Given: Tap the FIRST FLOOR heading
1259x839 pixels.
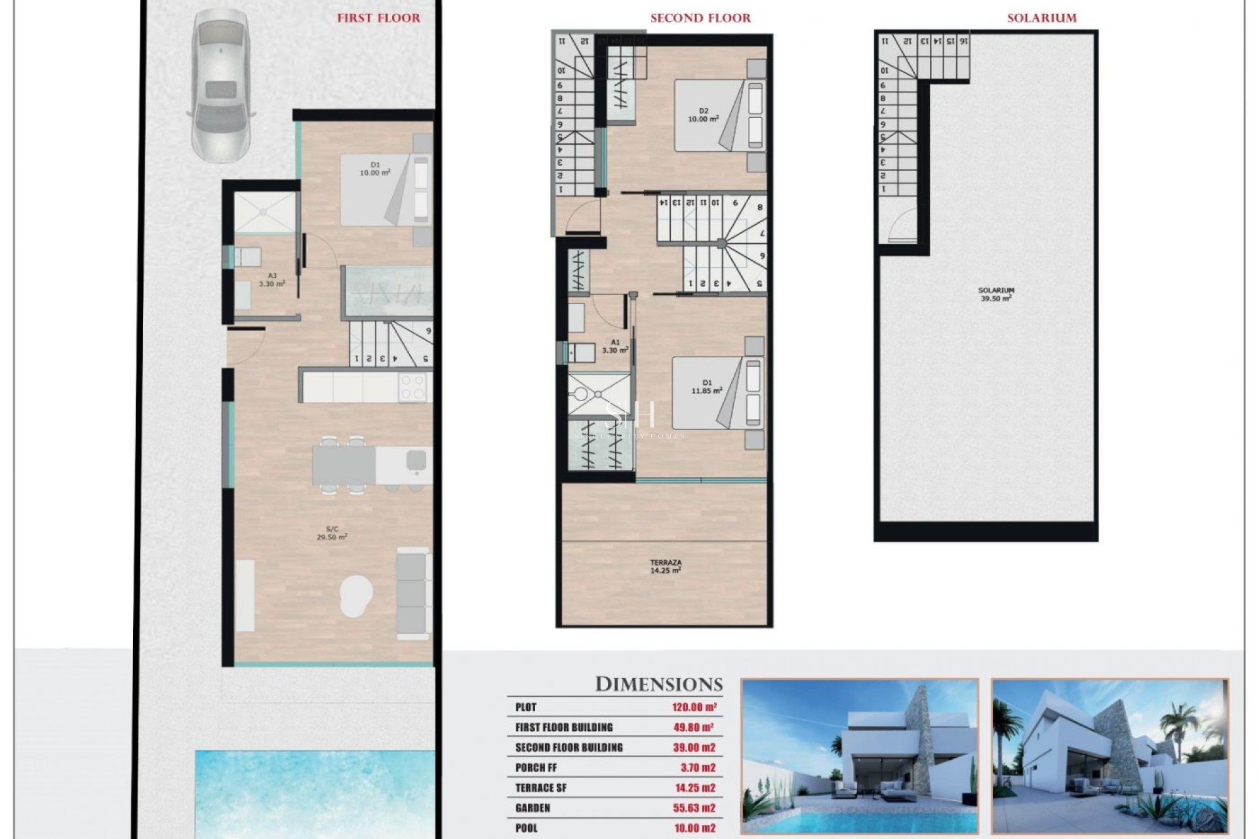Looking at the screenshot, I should pyautogui.click(x=378, y=18).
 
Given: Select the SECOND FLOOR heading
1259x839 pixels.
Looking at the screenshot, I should pyautogui.click(x=700, y=18).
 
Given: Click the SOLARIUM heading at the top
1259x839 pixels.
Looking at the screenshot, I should pyautogui.click(x=1041, y=18).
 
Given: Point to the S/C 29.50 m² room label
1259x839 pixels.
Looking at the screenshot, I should pyautogui.click(x=332, y=532).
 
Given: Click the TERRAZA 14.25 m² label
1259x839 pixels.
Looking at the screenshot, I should pyautogui.click(x=666, y=566).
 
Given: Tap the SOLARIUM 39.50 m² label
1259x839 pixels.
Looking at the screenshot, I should pyautogui.click(x=995, y=294).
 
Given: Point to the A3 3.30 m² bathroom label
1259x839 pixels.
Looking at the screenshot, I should pyautogui.click(x=271, y=280).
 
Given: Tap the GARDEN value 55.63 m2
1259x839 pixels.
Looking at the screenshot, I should pyautogui.click(x=694, y=808).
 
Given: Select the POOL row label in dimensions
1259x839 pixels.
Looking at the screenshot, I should pyautogui.click(x=526, y=829).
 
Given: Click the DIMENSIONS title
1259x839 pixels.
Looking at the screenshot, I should pyautogui.click(x=658, y=684).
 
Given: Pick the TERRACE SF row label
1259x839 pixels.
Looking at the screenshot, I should pyautogui.click(x=540, y=788).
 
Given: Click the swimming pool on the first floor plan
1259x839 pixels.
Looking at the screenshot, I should pyautogui.click(x=315, y=793).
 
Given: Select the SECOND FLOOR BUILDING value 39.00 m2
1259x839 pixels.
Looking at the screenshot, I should pyautogui.click(x=694, y=748).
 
